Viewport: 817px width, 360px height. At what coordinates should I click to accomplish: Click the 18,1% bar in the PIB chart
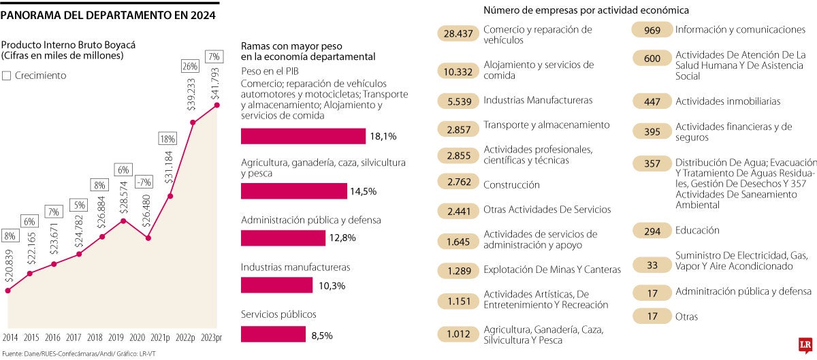tap(303, 136)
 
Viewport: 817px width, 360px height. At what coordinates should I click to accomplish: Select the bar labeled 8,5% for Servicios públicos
tap(273, 335)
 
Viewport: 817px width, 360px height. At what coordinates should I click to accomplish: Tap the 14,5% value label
tap(363, 191)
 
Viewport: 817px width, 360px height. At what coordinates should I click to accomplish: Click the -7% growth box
tap(144, 182)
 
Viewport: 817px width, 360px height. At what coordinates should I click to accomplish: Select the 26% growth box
tap(190, 66)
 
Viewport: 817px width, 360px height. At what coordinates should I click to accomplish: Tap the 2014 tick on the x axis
tap(10, 338)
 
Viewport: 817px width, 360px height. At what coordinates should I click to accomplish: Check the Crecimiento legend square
tap(7, 76)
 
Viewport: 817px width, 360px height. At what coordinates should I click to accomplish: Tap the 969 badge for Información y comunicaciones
tap(652, 30)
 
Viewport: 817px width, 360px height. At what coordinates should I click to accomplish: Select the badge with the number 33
tap(652, 265)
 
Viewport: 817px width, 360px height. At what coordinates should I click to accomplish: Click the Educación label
tap(697, 231)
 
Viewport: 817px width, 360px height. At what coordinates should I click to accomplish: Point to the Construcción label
tap(511, 184)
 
